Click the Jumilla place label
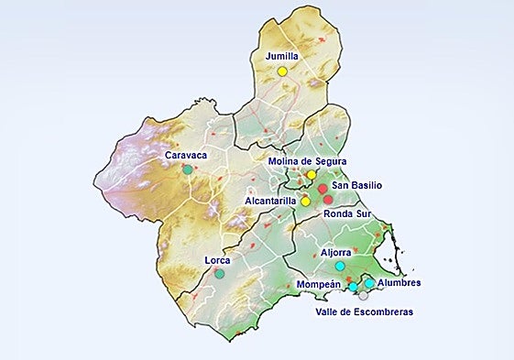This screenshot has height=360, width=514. pos(282,57)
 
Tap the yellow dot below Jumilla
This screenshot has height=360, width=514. pos(283,71)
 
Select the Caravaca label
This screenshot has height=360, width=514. pos(186,156)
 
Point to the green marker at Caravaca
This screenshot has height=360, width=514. pos(187,169)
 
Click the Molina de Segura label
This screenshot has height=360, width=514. pos(307,161)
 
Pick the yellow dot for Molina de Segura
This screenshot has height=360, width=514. pos(312,175)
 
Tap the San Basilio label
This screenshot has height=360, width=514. pos(356,186)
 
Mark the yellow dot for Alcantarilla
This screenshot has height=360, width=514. pos(306,201)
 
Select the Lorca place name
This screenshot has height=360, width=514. pos(217,260)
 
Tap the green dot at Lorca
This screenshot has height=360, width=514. pos(219,273)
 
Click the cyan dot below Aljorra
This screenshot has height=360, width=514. pos(340,266)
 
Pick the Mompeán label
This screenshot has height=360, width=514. pos(320,285)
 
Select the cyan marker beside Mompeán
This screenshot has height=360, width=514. pos(353,287)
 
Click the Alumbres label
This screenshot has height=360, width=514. pos(399,283)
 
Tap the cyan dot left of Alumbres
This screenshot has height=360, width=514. pos(369,283)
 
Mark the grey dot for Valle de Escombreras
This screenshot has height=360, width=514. pos(363,295)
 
